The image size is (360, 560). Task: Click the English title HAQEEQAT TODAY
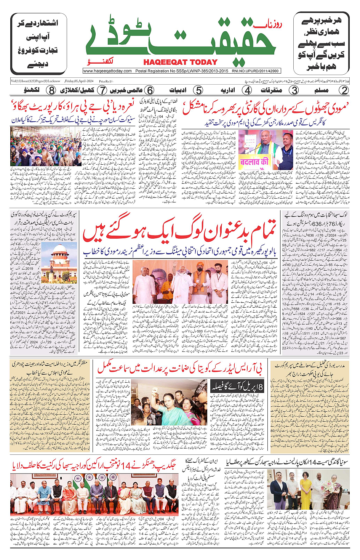click(180, 62)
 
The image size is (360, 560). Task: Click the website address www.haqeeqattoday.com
click(107, 71)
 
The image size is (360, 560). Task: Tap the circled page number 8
click(51, 90)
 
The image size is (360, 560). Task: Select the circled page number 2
click(344, 90)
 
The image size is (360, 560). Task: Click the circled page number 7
click(102, 90)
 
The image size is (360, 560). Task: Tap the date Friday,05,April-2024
click(79, 81)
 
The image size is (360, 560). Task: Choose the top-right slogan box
click(321, 44)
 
